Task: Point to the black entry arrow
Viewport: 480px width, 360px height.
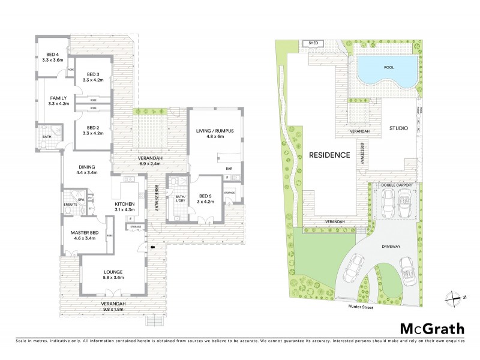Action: click(x=153, y=247)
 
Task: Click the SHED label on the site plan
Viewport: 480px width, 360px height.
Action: click(x=313, y=43)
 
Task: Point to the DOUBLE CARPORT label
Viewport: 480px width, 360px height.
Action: click(x=396, y=185)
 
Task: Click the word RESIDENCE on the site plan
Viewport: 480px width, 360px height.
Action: click(x=329, y=155)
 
